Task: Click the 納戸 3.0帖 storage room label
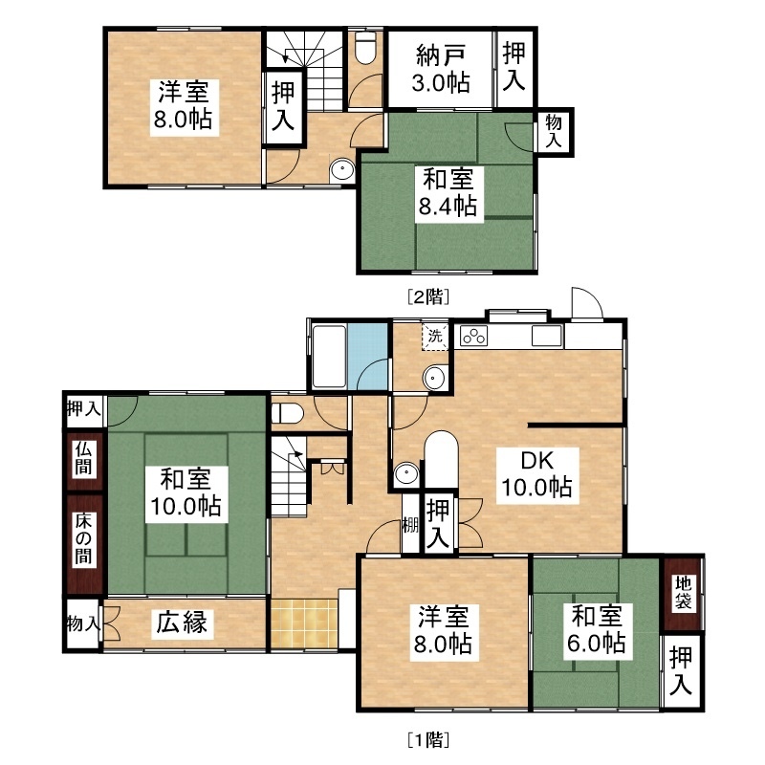(x=441, y=69)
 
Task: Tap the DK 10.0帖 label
(x=537, y=474)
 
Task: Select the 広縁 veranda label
(x=182, y=623)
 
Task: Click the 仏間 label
(x=83, y=459)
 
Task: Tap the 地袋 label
(x=683, y=592)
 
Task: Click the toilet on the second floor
(x=365, y=47)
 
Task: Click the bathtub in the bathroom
(x=329, y=356)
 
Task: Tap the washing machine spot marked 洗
(x=435, y=336)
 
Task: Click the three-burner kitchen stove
(x=474, y=337)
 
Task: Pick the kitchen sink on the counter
(x=546, y=337)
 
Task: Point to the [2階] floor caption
(x=428, y=296)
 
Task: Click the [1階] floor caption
(x=428, y=740)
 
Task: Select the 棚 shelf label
(x=410, y=525)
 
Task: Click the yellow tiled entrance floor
(x=304, y=624)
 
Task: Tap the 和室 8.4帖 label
(x=448, y=192)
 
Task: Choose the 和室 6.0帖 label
(x=596, y=629)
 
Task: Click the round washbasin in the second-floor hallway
(x=341, y=170)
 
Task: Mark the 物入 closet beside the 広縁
(x=83, y=623)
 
